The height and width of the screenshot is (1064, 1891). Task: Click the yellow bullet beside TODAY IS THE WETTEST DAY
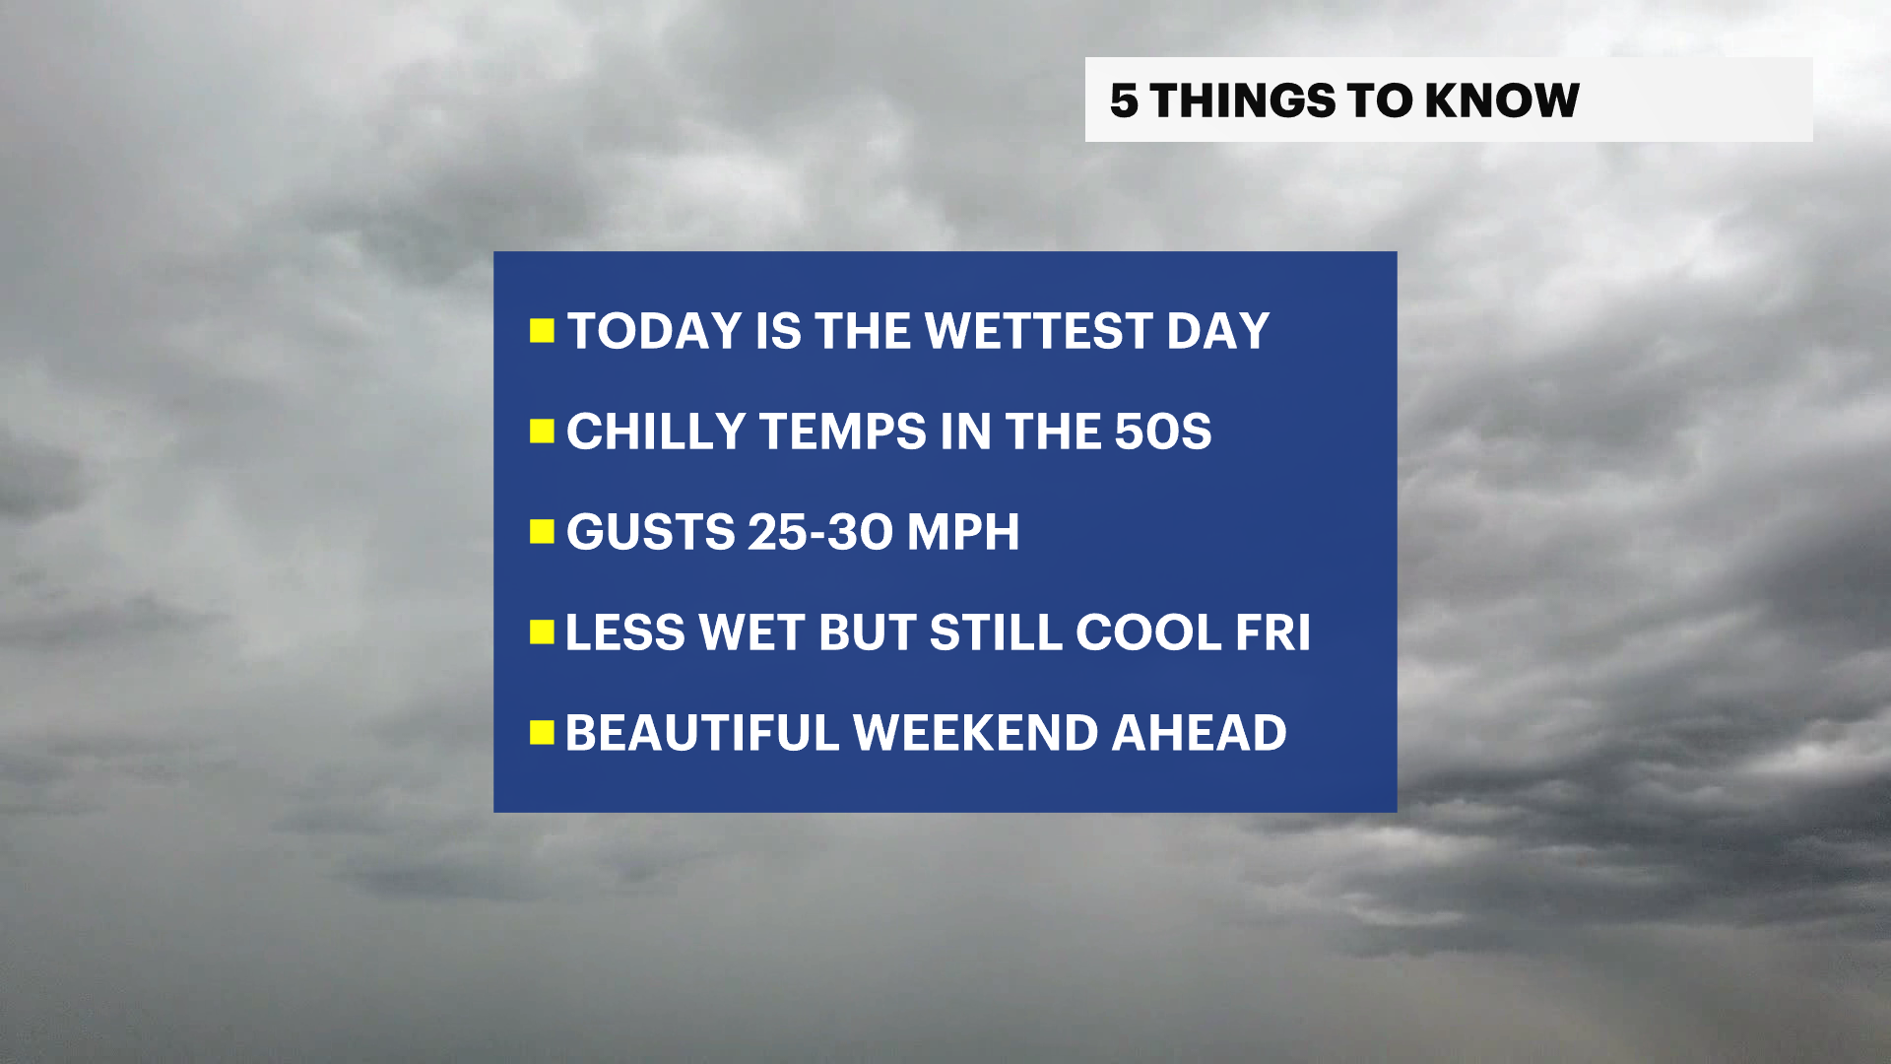tap(542, 330)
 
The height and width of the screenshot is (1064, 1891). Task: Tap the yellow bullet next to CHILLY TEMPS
tap(542, 431)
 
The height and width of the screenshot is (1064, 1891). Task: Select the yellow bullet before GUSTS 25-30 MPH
tap(542, 532)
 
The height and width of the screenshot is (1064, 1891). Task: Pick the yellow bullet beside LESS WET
tap(542, 632)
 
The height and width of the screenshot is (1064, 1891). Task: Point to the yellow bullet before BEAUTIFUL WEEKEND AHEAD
tap(542, 732)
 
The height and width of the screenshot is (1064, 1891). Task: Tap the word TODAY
tap(655, 331)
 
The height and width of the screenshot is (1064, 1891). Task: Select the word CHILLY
tap(656, 432)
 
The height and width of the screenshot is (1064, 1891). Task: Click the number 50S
tap(1162, 432)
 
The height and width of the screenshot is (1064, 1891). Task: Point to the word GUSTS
tap(650, 532)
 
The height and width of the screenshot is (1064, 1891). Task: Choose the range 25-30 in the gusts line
tap(820, 532)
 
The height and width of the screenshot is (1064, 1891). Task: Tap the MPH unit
tap(963, 532)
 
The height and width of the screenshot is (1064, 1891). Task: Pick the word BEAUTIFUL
tap(702, 733)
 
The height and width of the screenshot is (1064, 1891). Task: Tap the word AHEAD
tap(1199, 733)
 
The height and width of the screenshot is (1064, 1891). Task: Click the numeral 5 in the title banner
tap(1124, 100)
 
